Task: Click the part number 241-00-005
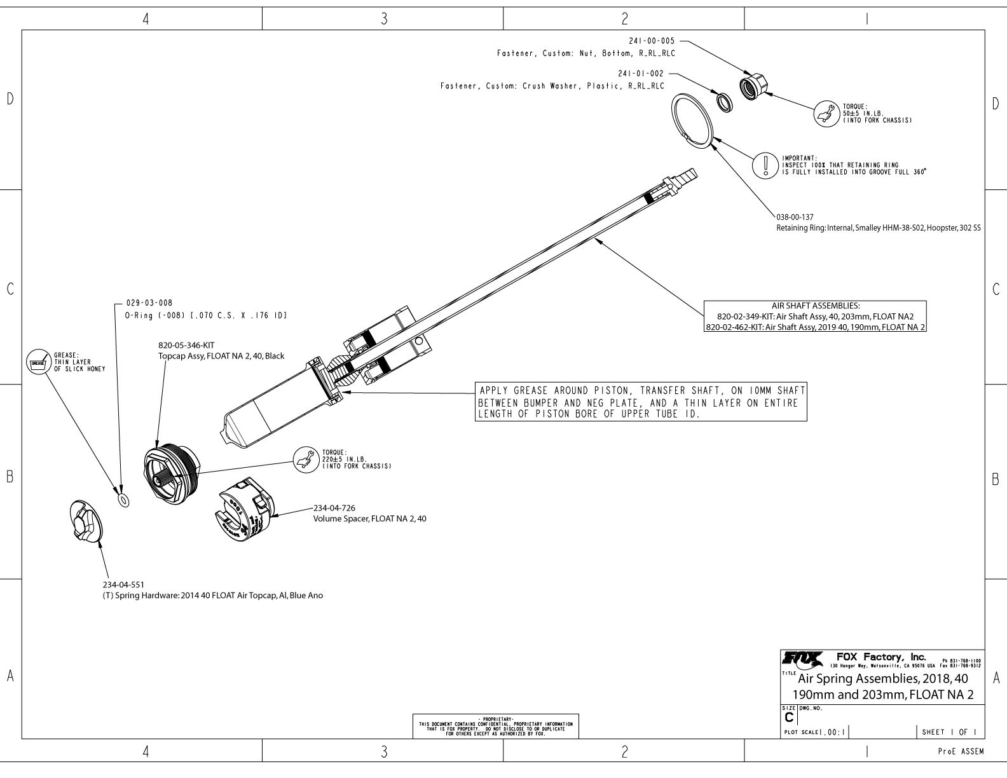(x=652, y=41)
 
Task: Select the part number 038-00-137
(x=795, y=217)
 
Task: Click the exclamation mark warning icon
(x=766, y=165)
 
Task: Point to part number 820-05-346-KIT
(x=187, y=346)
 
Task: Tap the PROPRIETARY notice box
(x=495, y=726)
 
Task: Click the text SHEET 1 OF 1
(x=950, y=732)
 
